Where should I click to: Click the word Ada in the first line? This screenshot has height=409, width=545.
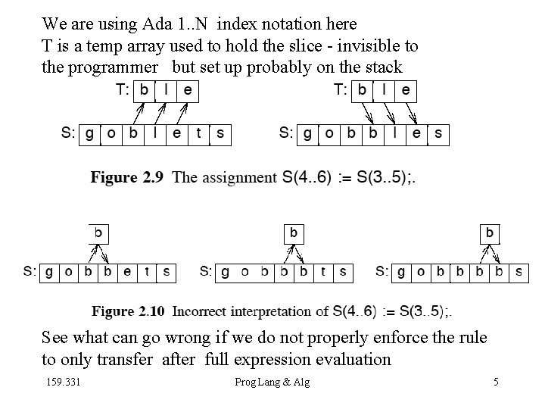pyautogui.click(x=173, y=24)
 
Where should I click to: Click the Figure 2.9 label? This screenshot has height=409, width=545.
pyautogui.click(x=126, y=177)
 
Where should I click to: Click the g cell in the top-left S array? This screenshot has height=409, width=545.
pyautogui.click(x=90, y=134)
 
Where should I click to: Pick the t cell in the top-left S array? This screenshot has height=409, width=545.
pyautogui.click(x=199, y=134)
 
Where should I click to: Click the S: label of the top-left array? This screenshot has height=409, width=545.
pyautogui.click(x=68, y=134)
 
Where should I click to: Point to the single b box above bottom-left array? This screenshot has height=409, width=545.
pyautogui.click(x=98, y=233)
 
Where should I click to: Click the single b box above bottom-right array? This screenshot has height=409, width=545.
pyautogui.click(x=490, y=233)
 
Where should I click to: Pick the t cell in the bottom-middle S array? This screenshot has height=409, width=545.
pyautogui.click(x=324, y=271)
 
